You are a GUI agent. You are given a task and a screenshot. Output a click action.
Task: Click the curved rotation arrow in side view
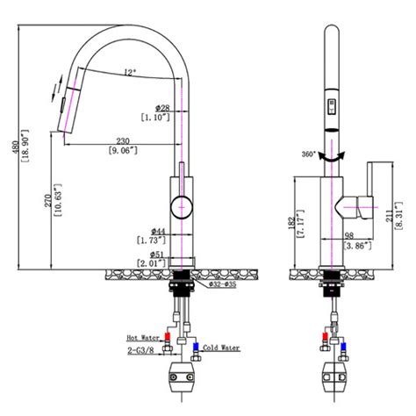pyautogui.click(x=331, y=155)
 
